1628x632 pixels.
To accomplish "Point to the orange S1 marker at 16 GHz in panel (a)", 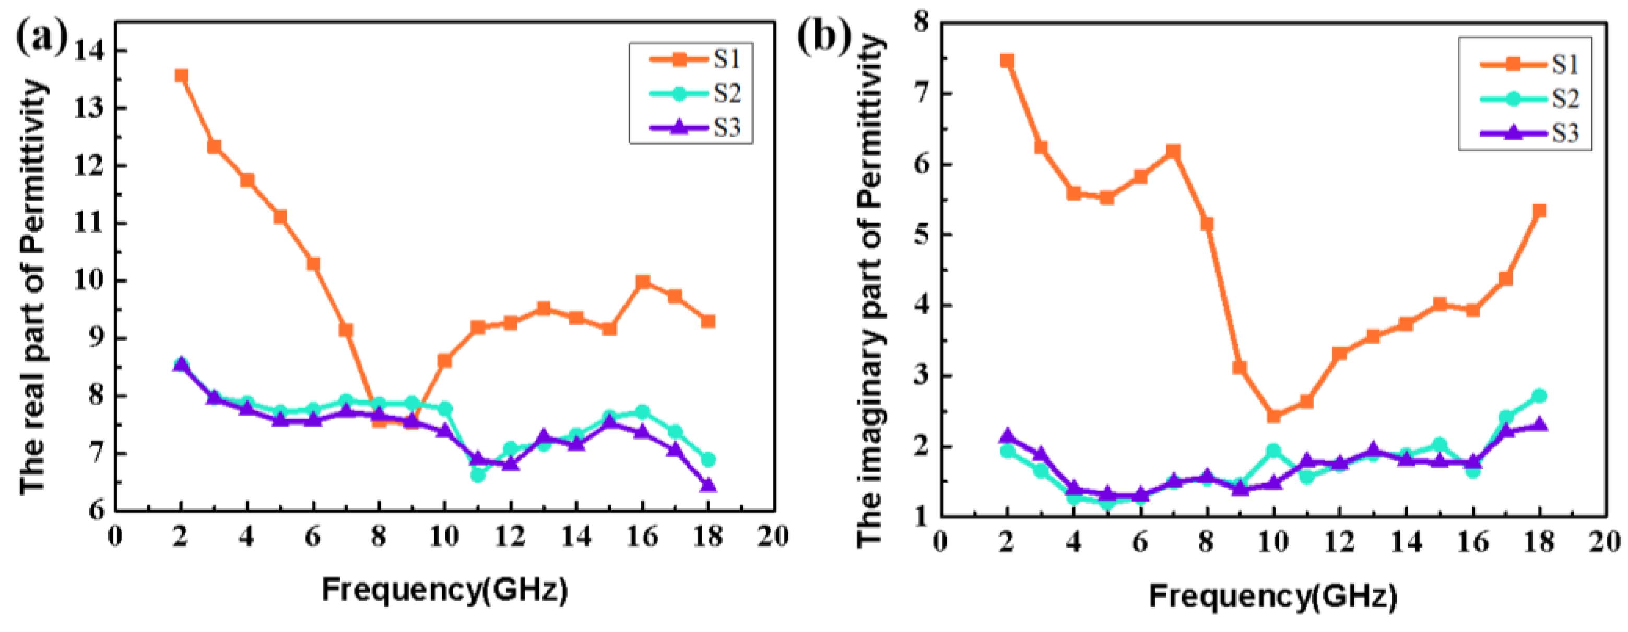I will pos(643,282).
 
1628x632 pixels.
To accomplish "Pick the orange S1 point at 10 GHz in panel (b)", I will pos(1273,416).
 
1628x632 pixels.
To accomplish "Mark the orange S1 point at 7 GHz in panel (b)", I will pos(1174,152).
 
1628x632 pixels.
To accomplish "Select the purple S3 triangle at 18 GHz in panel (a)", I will pos(709,485).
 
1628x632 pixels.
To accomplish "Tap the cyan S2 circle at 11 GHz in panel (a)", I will pos(478,475).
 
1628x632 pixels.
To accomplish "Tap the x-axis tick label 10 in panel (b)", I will pos(1273,542).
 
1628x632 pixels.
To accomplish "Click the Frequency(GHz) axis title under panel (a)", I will pos(445,590).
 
